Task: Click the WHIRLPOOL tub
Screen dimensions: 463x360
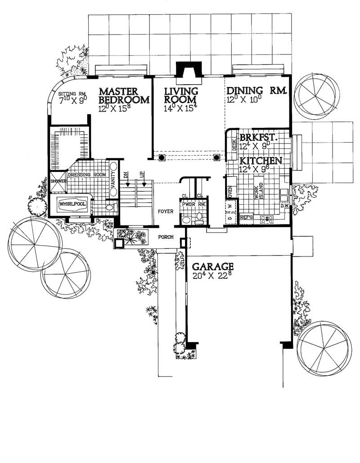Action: point(72,204)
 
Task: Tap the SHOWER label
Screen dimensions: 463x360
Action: point(58,181)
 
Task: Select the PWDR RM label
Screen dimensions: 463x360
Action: point(194,204)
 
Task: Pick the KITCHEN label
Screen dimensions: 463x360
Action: point(261,161)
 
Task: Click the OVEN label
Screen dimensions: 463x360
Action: point(229,191)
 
